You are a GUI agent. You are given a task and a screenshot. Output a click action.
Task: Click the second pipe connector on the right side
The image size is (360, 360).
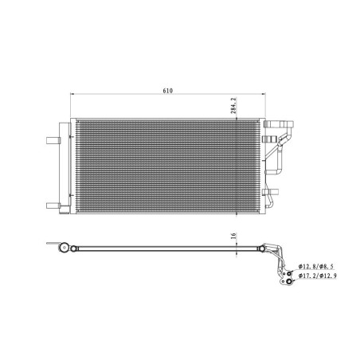tap(280, 147)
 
